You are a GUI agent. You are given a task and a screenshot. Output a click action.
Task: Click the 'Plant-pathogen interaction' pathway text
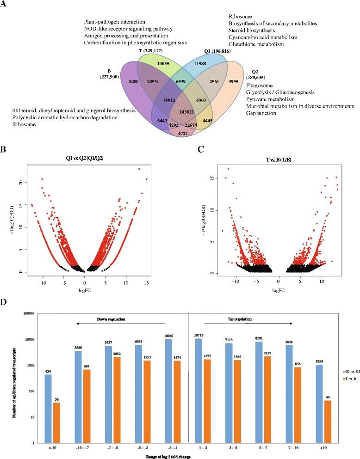pyautogui.click(x=115, y=22)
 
